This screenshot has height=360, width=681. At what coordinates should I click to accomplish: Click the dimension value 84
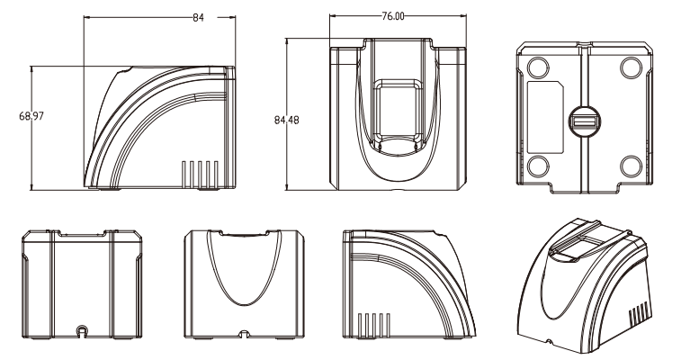198,18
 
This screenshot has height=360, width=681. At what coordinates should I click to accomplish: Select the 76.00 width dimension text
392,16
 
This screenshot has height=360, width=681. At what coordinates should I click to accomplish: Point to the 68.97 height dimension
31,116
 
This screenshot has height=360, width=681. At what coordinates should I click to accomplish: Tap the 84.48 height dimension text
287,120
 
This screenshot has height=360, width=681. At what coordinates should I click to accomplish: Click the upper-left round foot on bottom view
538,68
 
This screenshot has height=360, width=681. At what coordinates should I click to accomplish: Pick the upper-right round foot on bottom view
631,68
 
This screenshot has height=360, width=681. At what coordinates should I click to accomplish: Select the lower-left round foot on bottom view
538,166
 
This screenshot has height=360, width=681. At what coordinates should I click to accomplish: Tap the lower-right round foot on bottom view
631,166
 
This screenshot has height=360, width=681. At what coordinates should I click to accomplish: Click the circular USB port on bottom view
584,122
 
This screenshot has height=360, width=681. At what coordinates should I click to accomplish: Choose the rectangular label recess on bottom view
545,117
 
